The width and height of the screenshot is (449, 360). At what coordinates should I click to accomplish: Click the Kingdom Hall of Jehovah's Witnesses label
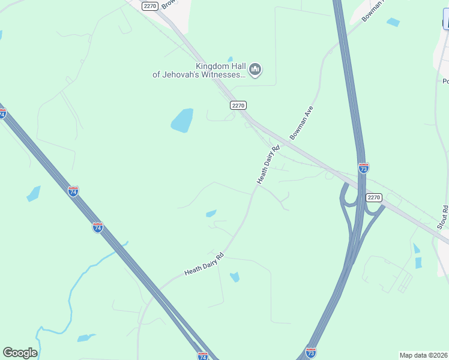coord(199,70)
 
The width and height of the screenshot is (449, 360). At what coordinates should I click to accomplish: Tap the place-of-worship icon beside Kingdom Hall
coord(255,70)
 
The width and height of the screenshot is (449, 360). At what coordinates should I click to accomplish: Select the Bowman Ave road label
coord(301,123)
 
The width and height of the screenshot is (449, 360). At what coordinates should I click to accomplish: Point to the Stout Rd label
coord(443,217)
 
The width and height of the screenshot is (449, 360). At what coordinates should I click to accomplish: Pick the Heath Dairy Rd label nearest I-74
coord(204,264)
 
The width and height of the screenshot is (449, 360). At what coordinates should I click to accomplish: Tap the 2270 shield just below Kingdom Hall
coord(238,105)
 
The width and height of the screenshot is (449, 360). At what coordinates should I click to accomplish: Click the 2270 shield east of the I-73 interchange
coord(374,197)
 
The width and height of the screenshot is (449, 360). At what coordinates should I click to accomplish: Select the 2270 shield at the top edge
coord(150,5)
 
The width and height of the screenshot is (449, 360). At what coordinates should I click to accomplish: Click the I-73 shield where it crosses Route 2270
coord(363,167)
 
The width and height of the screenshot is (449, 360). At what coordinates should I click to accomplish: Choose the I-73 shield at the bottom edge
coord(310,352)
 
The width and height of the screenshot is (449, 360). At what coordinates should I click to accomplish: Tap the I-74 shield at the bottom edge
coord(202,356)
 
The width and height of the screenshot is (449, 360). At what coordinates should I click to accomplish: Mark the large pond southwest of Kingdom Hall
coord(182,121)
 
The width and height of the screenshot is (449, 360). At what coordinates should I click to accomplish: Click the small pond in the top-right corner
coord(393,22)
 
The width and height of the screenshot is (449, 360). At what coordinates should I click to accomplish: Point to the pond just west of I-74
coord(34,194)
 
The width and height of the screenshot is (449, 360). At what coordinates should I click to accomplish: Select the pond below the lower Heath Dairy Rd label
coord(235,277)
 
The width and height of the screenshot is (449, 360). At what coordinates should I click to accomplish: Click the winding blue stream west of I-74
coord(72,294)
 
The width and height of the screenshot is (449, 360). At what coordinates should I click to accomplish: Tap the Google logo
coord(20,353)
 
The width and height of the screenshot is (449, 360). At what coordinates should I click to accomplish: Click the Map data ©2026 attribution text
coord(423,355)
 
